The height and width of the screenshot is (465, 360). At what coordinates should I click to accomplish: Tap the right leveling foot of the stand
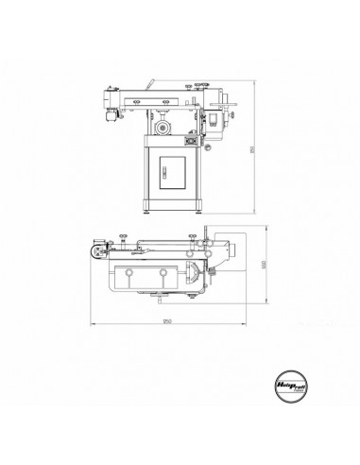(x=199, y=212)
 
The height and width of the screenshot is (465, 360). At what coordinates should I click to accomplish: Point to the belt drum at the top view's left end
(x=96, y=253)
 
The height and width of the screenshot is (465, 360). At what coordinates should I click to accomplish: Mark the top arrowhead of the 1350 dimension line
(x=251, y=83)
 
